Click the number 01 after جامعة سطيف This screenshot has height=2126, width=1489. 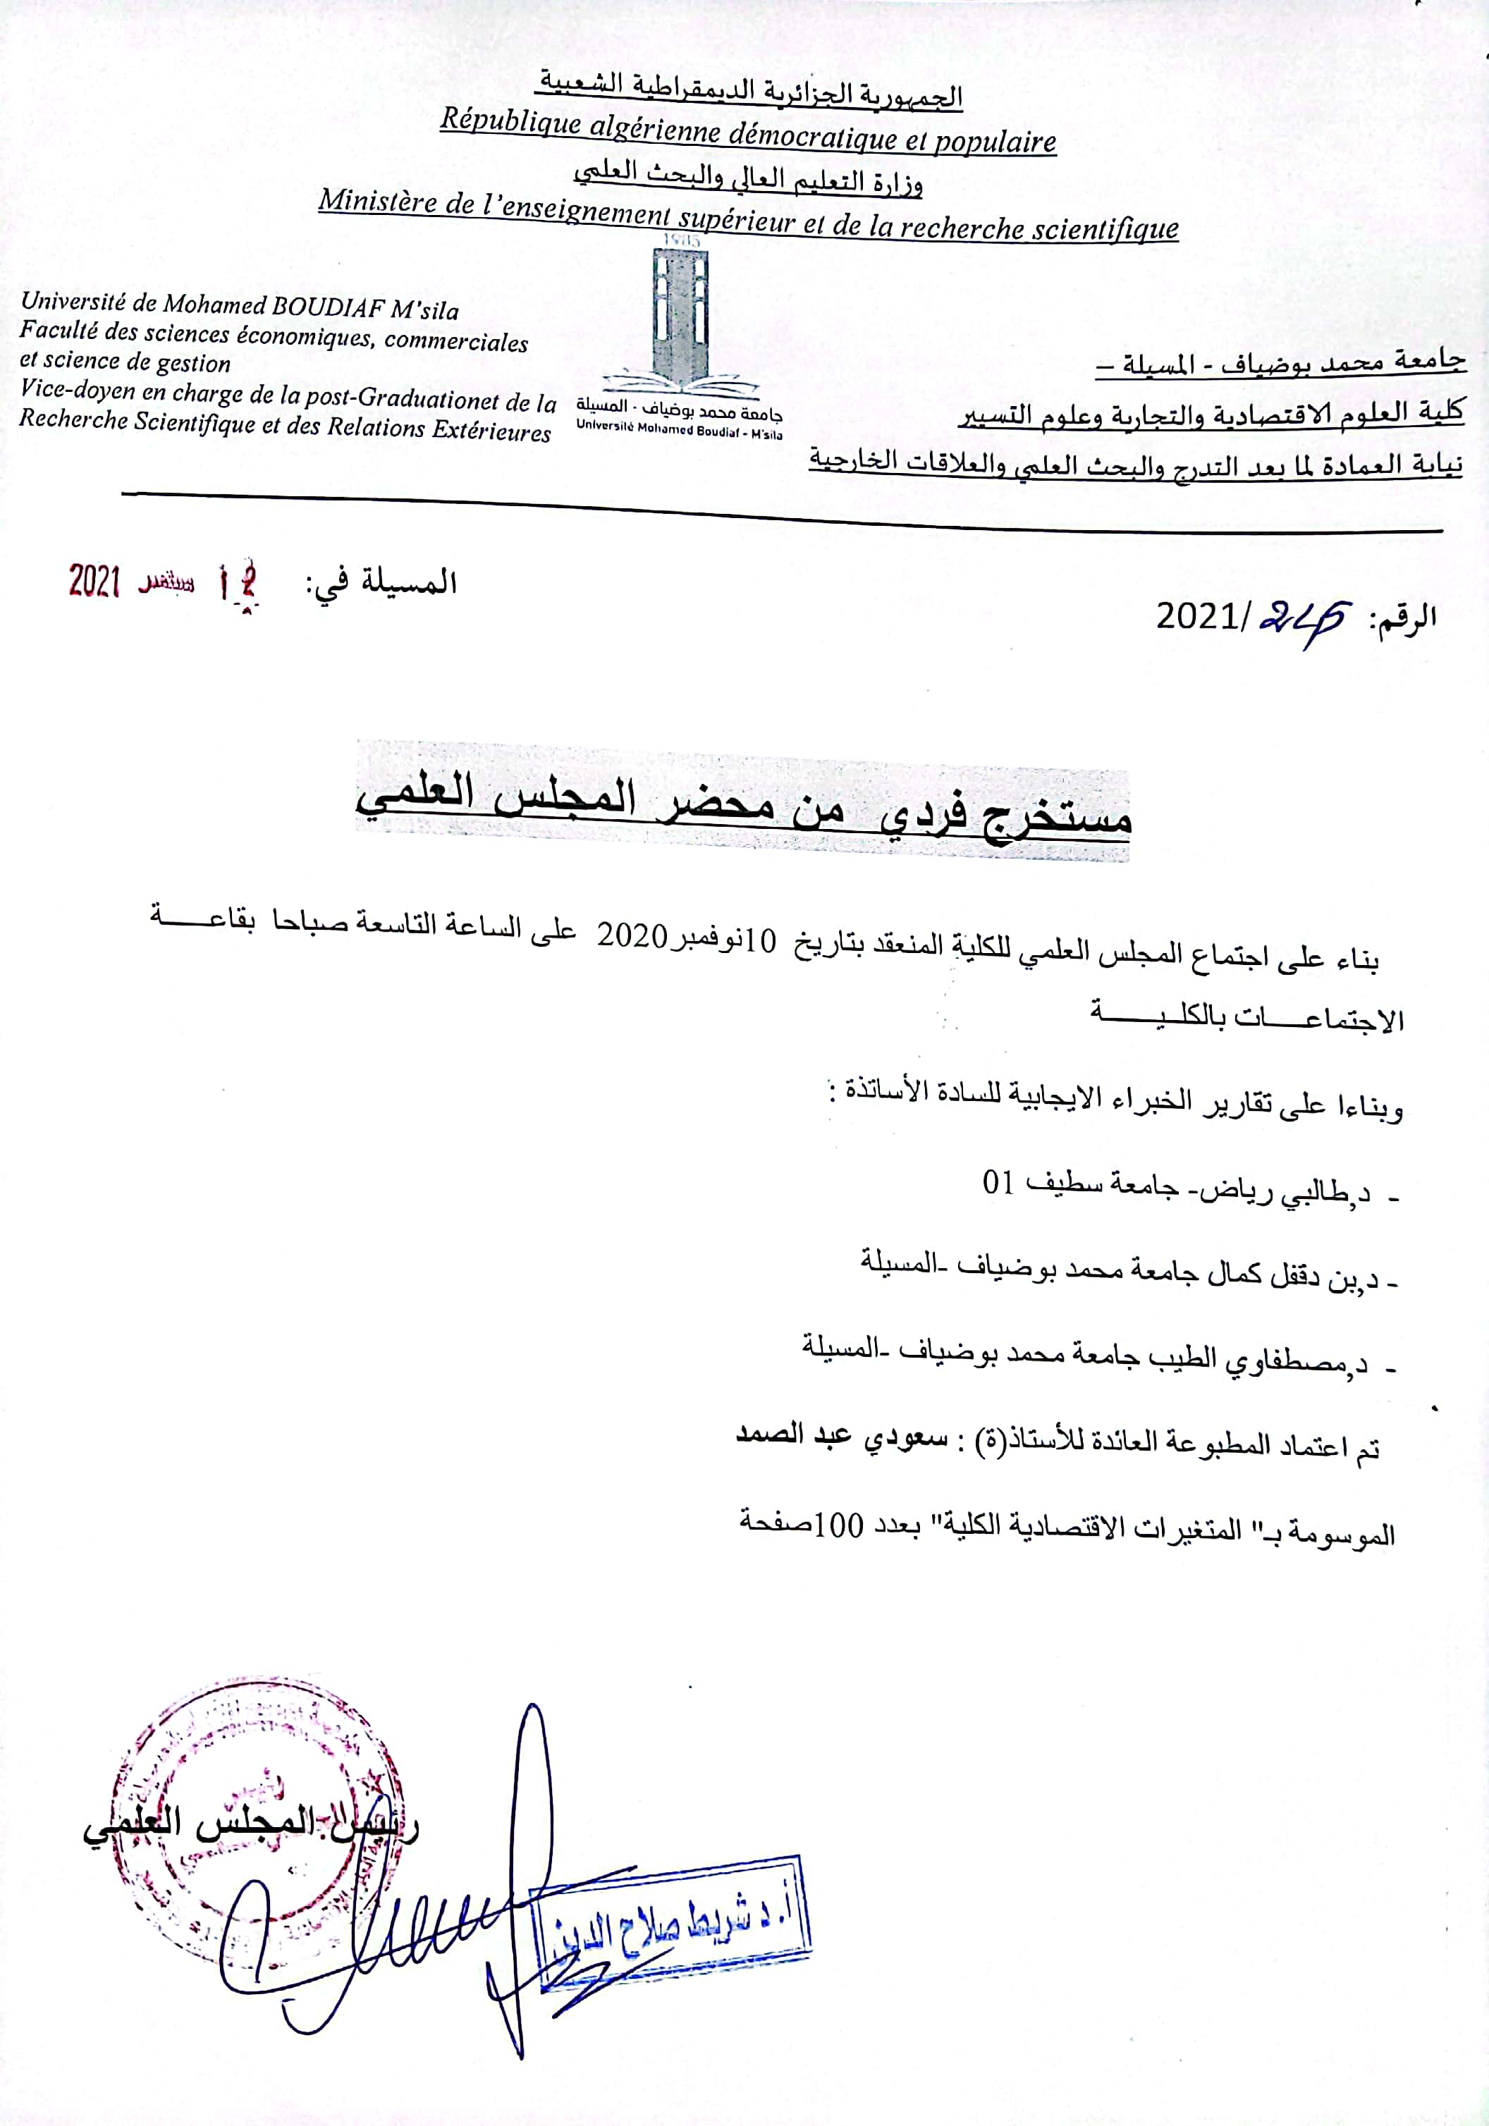(x=998, y=1184)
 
